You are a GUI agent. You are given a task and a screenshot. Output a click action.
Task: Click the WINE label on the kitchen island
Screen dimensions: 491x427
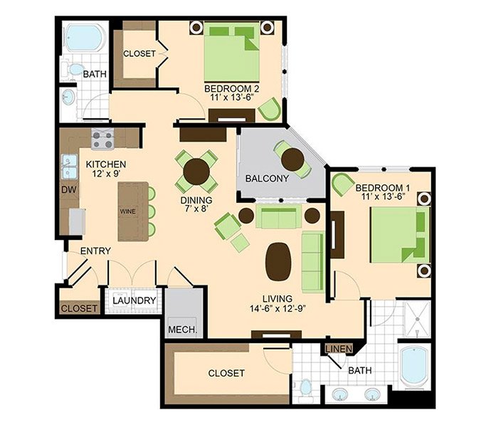(x=128, y=212)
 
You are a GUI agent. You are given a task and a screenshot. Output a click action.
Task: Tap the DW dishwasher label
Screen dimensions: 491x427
(x=69, y=189)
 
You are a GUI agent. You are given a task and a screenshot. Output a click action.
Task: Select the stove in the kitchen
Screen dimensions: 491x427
(x=102, y=139)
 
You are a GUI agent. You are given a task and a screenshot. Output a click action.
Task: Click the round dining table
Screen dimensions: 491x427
(x=196, y=172)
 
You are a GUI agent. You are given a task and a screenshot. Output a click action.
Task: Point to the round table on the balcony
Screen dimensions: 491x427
(x=292, y=159)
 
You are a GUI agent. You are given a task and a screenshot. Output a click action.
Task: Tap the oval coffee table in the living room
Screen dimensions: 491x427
(x=278, y=262)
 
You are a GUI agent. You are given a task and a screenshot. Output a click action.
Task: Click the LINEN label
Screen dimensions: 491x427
(x=339, y=349)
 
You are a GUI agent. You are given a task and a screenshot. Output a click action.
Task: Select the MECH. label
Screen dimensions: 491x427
(x=183, y=330)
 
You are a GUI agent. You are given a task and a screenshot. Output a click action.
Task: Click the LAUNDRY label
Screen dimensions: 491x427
(x=134, y=301)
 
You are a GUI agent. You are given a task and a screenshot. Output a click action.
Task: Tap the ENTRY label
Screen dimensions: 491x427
(x=95, y=251)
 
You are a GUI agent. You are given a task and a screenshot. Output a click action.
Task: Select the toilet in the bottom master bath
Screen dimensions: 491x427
(x=305, y=389)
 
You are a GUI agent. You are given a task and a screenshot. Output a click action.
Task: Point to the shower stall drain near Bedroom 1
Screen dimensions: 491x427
(x=417, y=319)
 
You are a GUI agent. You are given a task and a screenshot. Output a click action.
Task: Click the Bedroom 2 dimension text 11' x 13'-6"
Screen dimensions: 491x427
(x=232, y=97)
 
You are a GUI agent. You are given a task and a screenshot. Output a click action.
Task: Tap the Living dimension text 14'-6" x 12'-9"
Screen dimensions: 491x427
(x=278, y=309)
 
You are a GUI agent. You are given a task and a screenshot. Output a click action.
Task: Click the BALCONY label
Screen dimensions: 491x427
(x=267, y=179)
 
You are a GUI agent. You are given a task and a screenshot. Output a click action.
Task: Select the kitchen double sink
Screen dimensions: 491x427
(x=70, y=167)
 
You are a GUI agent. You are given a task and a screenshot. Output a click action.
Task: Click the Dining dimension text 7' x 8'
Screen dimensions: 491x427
(x=196, y=209)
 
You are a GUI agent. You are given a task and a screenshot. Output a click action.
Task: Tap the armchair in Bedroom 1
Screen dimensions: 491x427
(x=343, y=184)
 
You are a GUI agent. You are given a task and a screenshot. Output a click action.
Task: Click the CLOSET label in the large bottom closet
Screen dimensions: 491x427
(x=226, y=373)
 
